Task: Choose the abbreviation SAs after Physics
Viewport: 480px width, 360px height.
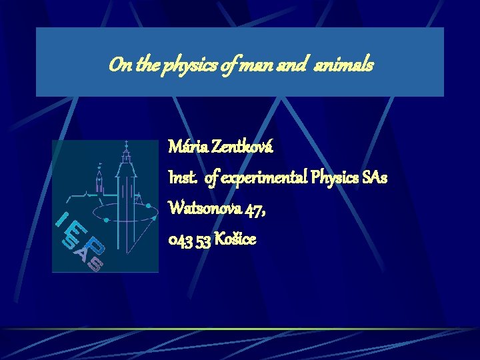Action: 375,178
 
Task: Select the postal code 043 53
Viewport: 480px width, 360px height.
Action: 191,240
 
